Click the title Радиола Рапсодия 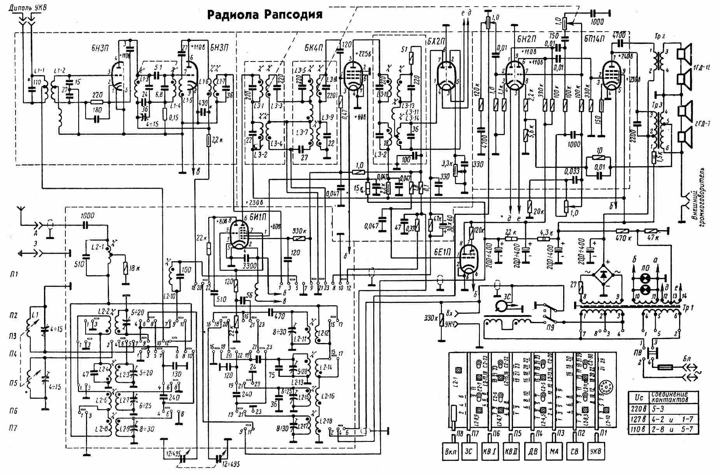click(x=265, y=14)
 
